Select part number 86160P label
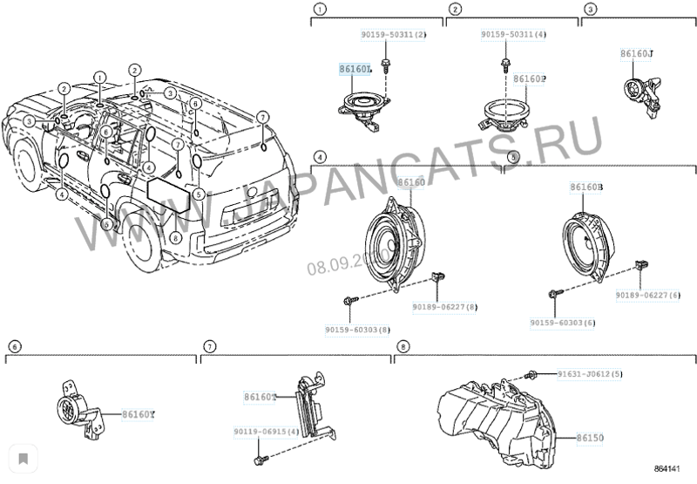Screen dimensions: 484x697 (x=530, y=78)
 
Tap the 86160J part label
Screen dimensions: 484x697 (x=637, y=54)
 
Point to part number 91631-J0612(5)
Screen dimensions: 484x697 (x=590, y=374)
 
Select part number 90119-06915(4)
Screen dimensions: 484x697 (x=266, y=432)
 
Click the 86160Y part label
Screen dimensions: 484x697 (x=138, y=414)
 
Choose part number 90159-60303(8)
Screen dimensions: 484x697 (x=358, y=331)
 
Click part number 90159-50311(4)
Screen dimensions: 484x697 (x=514, y=35)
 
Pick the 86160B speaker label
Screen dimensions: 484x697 (x=586, y=187)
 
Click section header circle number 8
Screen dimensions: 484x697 (x=402, y=346)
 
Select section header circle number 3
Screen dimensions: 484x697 (x=590, y=10)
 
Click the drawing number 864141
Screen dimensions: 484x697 (x=671, y=469)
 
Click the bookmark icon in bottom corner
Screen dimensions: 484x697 (x=23, y=457)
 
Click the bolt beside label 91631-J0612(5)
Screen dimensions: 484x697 (x=530, y=376)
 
